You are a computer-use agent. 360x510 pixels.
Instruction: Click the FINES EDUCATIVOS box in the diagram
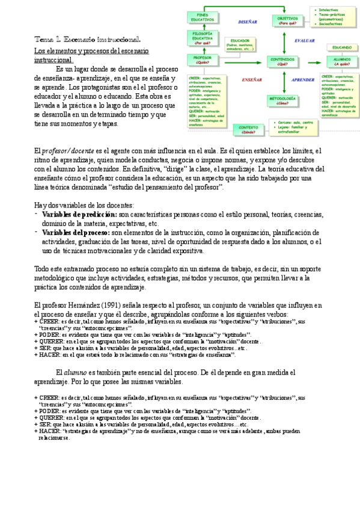206,17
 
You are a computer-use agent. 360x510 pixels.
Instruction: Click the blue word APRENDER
303,79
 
